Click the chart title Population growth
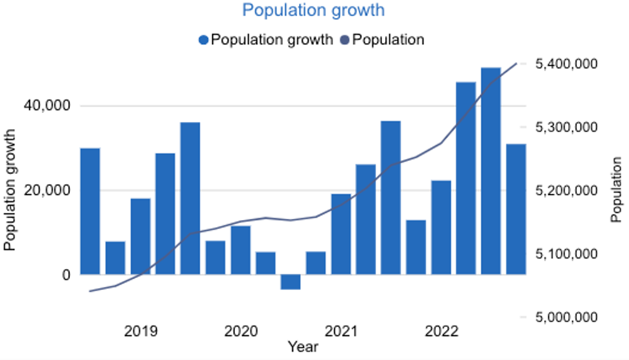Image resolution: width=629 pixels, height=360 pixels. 314,11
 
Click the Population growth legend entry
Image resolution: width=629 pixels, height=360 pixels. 266,40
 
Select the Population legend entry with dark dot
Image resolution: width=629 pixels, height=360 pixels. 382,40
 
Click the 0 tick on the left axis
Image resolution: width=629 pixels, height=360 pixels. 64,275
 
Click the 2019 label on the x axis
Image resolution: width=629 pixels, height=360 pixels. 141,332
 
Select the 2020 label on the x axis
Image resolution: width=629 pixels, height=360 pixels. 241,332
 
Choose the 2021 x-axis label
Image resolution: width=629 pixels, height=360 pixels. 341,332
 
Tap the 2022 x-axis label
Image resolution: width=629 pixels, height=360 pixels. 441,332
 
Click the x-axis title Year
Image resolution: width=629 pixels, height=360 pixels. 303,347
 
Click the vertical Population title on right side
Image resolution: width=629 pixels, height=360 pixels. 617,190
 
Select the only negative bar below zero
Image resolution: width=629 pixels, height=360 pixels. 290,282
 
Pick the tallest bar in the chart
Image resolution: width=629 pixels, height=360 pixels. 490,171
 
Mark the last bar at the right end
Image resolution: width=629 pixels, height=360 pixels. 515,209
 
